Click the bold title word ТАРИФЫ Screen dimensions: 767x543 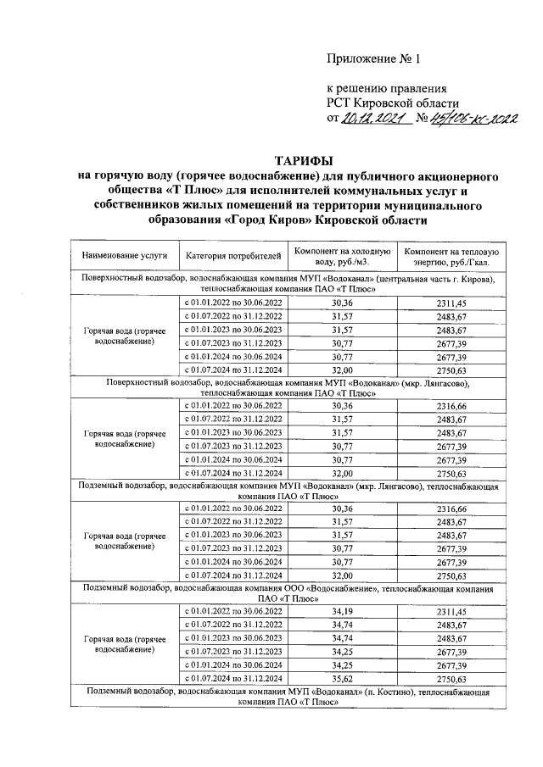[x=303, y=160]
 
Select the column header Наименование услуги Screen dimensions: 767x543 [x=125, y=254]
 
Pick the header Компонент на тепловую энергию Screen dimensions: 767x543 [x=451, y=254]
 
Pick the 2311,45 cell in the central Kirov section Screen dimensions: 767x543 [x=451, y=303]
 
